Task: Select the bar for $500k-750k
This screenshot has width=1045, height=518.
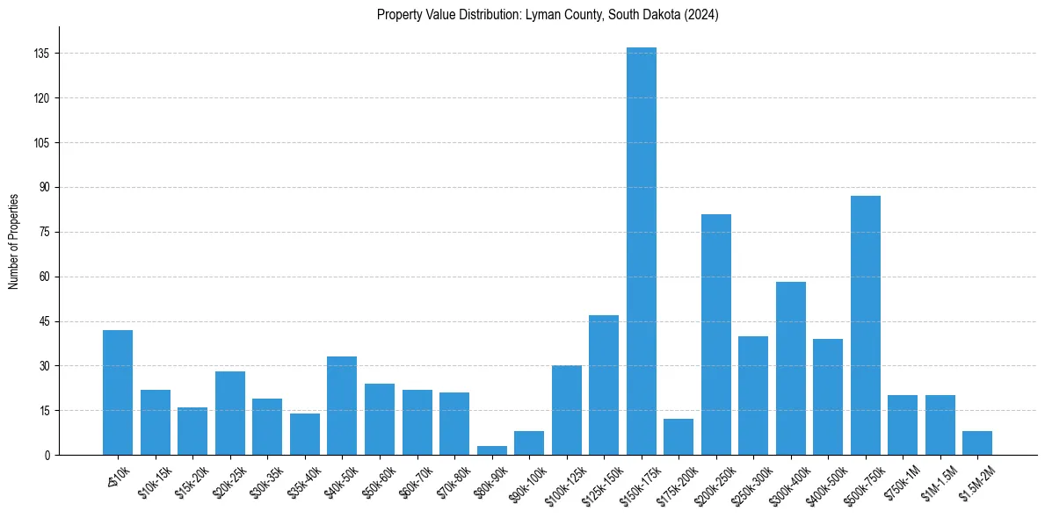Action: point(866,325)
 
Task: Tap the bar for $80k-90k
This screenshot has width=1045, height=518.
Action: point(492,450)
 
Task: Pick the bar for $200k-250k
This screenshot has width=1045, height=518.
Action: point(716,335)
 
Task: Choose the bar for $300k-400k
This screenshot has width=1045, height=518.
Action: point(791,369)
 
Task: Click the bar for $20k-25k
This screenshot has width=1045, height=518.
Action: point(230,413)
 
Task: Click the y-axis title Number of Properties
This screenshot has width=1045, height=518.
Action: point(13,241)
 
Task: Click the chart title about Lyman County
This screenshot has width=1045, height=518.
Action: point(548,15)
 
